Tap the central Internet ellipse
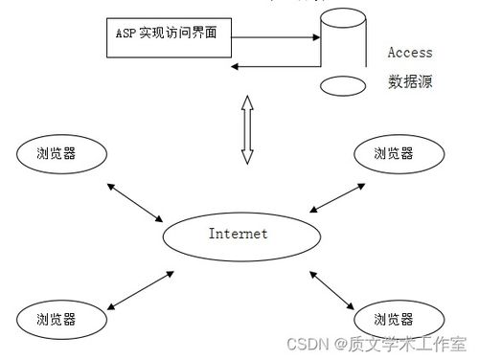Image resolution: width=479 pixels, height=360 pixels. tap(238, 234)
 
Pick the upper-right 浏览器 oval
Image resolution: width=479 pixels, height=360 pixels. tap(394, 153)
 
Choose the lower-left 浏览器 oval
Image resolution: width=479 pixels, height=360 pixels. tap(57, 318)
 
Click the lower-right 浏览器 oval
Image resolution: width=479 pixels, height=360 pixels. tap(394, 318)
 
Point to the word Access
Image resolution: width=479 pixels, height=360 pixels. tap(410, 54)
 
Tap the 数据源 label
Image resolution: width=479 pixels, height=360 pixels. tap(410, 82)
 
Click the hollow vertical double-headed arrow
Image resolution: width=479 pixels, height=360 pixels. tap(246, 129)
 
